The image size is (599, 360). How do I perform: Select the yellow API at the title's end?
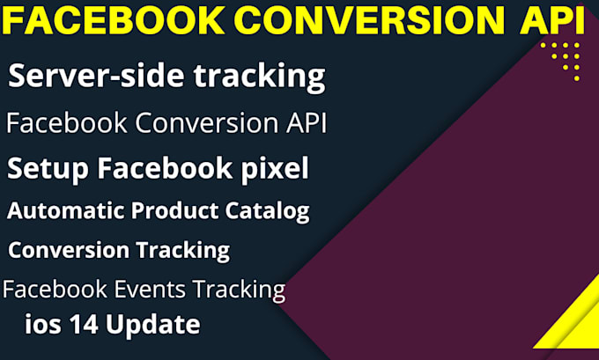(x=548, y=20)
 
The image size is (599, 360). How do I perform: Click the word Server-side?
(x=85, y=77)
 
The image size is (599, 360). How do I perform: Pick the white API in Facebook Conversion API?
(x=302, y=123)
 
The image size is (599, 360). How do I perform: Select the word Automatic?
(x=67, y=211)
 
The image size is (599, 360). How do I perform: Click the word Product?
(x=174, y=211)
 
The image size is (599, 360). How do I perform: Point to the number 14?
(x=81, y=325)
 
